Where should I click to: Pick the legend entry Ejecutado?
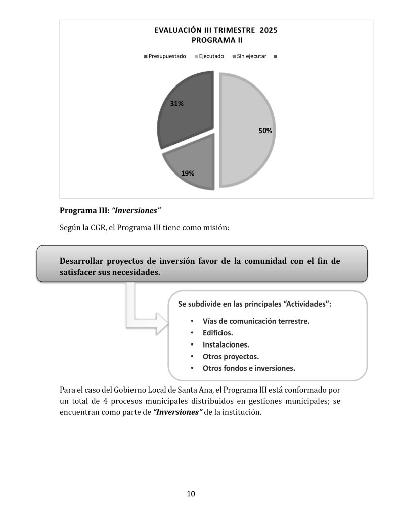211,56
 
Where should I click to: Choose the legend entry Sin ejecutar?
251,56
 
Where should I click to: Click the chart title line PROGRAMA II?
215,40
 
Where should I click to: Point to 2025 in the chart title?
268,30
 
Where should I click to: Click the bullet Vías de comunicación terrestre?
256,321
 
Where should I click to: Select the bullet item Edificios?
217,333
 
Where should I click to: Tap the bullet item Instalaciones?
226,344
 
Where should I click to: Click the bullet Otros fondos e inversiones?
249,368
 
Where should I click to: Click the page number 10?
191,494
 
